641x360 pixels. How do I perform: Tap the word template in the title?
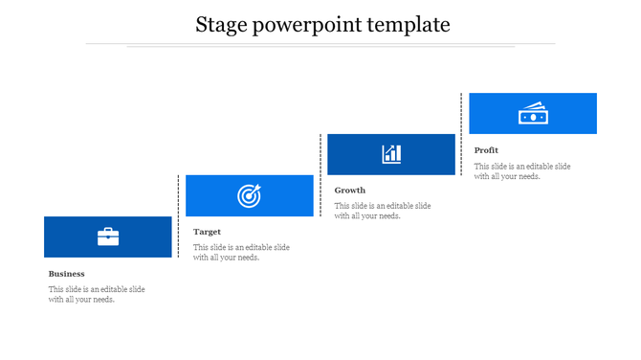[409, 25]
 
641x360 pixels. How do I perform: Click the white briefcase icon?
[108, 236]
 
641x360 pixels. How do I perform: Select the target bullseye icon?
[249, 196]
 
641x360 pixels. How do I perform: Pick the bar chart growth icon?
[391, 154]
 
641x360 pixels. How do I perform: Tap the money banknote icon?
[532, 113]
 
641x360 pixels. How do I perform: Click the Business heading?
[67, 274]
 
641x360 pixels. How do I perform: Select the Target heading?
[207, 232]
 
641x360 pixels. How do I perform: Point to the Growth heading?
[350, 191]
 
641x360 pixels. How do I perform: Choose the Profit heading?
[486, 150]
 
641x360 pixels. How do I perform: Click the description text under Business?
[97, 294]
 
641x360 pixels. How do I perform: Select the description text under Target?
[241, 252]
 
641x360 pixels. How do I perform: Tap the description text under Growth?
[383, 211]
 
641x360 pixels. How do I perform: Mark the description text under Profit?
[522, 170]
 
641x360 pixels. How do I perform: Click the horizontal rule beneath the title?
[320, 44]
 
